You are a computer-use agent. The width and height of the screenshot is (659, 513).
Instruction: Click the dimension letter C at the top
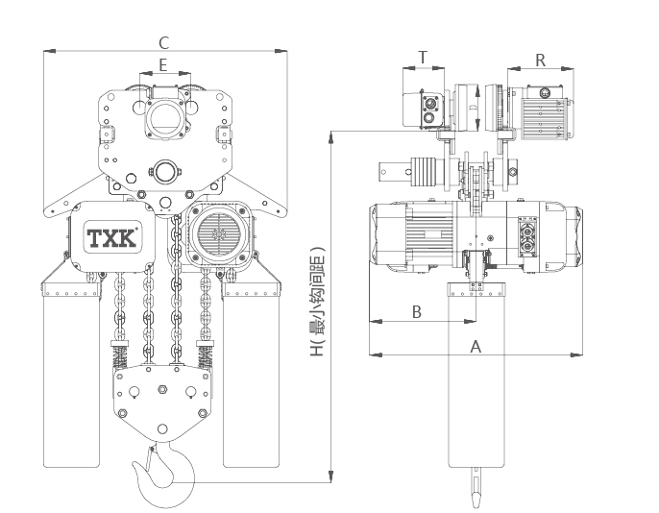(x=164, y=42)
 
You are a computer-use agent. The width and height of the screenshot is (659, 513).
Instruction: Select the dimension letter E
(x=163, y=65)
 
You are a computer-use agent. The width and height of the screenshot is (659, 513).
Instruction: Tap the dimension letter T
(x=423, y=57)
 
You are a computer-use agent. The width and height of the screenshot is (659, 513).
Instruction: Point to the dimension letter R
(x=541, y=61)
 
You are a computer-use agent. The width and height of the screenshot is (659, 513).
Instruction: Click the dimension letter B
(x=417, y=312)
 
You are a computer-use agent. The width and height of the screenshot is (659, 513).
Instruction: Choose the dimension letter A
(x=476, y=347)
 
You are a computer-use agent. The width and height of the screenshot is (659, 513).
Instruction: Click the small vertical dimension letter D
(x=472, y=108)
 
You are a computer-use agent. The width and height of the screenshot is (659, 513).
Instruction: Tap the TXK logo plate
(x=112, y=237)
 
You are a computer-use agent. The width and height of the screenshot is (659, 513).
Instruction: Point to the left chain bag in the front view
(x=71, y=374)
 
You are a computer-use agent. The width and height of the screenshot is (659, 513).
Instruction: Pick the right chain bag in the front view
(x=251, y=374)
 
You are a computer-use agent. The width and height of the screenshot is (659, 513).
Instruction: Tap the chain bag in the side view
(x=476, y=374)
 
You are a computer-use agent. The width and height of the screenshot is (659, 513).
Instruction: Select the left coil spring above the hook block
(x=119, y=355)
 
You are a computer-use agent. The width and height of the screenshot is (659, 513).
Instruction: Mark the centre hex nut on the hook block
(x=162, y=389)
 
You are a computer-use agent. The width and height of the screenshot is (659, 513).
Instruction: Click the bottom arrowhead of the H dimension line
(x=331, y=476)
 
